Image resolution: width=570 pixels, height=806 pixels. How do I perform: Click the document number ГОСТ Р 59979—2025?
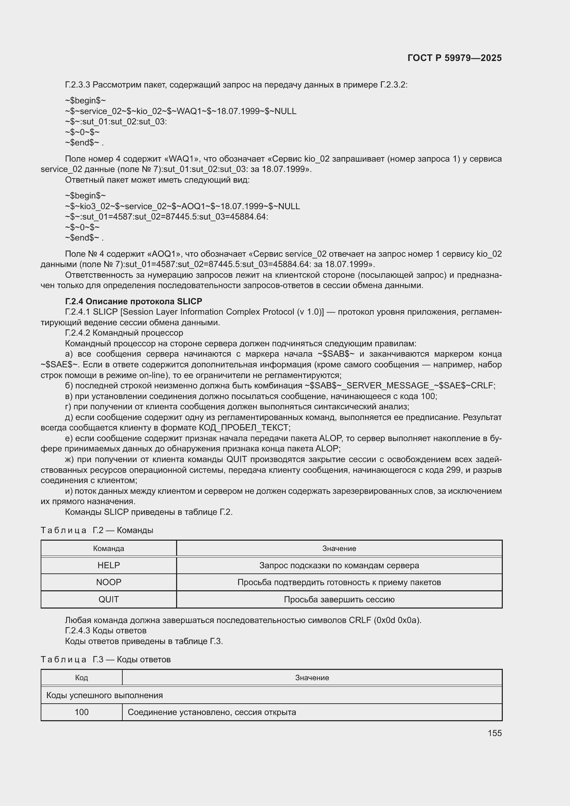pyautogui.click(x=454, y=58)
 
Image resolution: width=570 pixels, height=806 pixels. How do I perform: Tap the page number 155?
pyautogui.click(x=495, y=733)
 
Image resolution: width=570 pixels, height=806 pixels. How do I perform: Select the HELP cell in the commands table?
pyautogui.click(x=109, y=565)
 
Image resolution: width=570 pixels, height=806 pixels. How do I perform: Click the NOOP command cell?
pyautogui.click(x=109, y=582)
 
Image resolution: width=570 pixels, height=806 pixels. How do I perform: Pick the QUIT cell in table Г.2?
pyautogui.click(x=109, y=600)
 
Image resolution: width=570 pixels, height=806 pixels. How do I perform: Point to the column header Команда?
pyautogui.click(x=109, y=549)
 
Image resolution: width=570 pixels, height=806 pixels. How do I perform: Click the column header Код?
pyautogui.click(x=81, y=678)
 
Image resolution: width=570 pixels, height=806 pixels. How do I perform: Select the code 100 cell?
pyautogui.click(x=81, y=712)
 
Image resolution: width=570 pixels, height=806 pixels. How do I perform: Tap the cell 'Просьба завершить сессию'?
pyautogui.click(x=339, y=600)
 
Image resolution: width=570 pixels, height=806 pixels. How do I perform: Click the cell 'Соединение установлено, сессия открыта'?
pyautogui.click(x=212, y=712)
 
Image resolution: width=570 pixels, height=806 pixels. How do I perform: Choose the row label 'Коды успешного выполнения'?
pyautogui.click(x=105, y=695)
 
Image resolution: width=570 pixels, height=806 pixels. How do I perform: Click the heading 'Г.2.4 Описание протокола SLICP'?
pyautogui.click(x=133, y=302)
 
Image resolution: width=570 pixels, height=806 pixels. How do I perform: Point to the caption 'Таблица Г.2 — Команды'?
pyautogui.click(x=97, y=530)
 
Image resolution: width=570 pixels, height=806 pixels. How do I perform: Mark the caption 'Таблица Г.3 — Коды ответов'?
pyautogui.click(x=106, y=660)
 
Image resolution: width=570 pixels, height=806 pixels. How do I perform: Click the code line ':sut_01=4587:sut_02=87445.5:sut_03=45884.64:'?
pyautogui.click(x=167, y=217)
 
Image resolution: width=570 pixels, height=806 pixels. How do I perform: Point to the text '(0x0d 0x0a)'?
pyautogui.click(x=397, y=620)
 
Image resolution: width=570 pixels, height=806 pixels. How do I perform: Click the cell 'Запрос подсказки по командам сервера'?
pyautogui.click(x=339, y=565)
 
